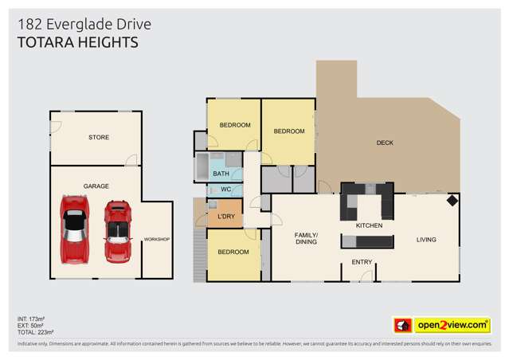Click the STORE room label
[x=99, y=138]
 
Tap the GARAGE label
[x=96, y=186]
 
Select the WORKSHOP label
[x=157, y=240]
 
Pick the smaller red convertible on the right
[x=119, y=230]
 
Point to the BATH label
[x=221, y=174]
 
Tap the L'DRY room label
[x=226, y=217]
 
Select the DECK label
[x=385, y=143]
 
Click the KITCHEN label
[x=369, y=226]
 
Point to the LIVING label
[x=429, y=238]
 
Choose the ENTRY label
[x=362, y=261]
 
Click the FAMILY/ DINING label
[x=307, y=238]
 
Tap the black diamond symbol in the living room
[x=452, y=200]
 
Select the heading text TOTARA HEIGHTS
[x=77, y=42]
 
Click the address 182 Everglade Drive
[x=84, y=25]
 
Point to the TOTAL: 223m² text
[x=37, y=331]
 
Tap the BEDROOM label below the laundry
[x=234, y=252]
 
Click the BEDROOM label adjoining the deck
[x=289, y=131]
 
